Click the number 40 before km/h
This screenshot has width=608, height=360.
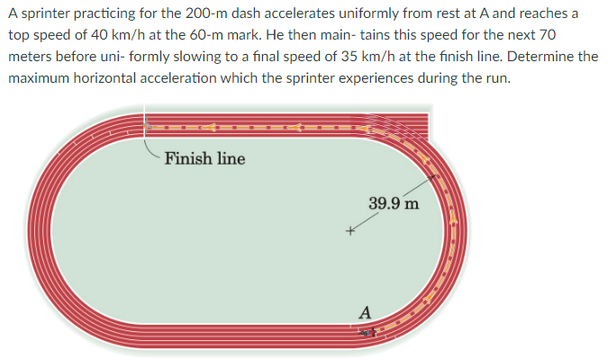[89, 35]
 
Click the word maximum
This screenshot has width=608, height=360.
[38, 76]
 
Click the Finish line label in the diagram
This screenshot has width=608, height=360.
[204, 159]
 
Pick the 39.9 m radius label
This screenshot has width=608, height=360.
[394, 203]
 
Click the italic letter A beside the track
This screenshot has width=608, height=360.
[364, 312]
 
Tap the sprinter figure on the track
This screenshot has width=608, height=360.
[364, 333]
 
